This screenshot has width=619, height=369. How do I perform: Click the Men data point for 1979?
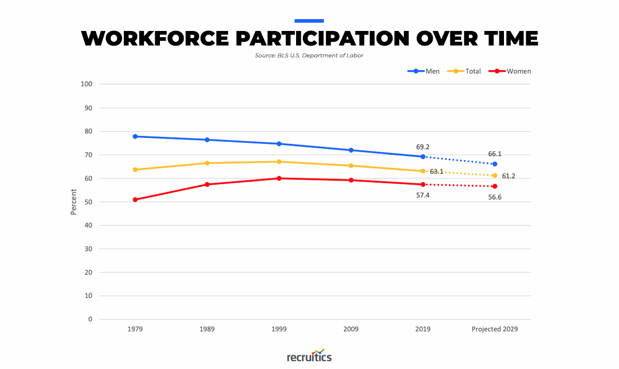click(135, 136)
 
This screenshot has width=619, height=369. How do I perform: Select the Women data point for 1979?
click(135, 200)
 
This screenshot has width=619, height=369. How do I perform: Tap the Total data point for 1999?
click(279, 162)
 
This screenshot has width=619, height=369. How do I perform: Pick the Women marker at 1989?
click(207, 184)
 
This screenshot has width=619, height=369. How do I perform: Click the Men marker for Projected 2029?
click(495, 164)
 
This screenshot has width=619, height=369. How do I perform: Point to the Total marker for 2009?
click(351, 166)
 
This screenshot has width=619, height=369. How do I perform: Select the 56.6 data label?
click(494, 197)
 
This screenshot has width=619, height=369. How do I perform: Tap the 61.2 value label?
click(508, 176)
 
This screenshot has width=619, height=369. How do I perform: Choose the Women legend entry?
click(511, 71)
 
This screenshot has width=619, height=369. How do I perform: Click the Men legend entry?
click(424, 71)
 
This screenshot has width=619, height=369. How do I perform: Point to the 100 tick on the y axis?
click(87, 84)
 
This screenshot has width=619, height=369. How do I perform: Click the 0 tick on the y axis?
click(90, 319)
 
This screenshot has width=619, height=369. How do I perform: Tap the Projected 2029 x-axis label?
click(494, 329)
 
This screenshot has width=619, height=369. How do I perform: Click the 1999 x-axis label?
click(279, 329)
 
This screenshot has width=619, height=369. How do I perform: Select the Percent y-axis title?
click(73, 202)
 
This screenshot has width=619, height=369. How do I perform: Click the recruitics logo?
click(309, 357)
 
